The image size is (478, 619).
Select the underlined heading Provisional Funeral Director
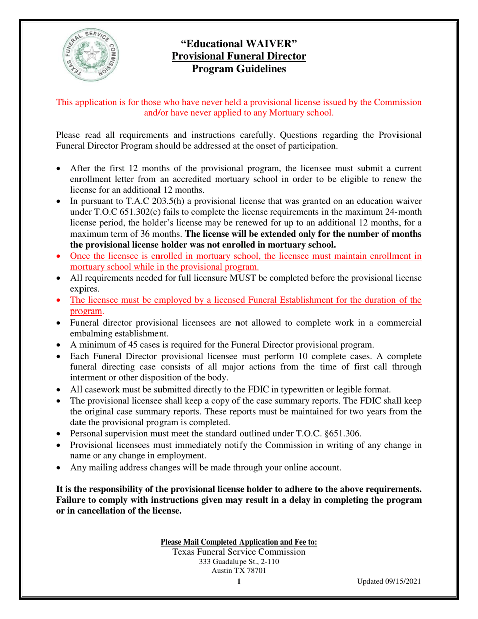pos(239,56)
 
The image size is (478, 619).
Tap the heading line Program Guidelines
pos(239,69)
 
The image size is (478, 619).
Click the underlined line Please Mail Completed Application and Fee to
pos(238,542)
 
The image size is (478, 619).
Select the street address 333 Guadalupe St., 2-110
pos(239,562)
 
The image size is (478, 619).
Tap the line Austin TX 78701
pos(239,571)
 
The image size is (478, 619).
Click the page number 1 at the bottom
pos(239,582)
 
